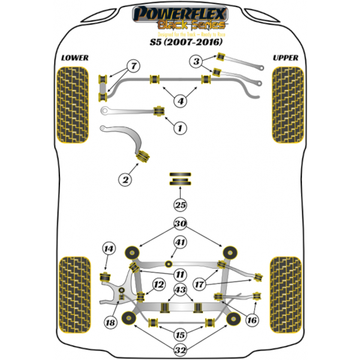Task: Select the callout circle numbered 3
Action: [x=196, y=61]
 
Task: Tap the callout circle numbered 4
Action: [x=179, y=101]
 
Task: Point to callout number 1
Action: [x=179, y=127]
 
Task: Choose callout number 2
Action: [x=125, y=179]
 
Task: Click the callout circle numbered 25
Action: [x=180, y=205]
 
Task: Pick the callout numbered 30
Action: [x=180, y=224]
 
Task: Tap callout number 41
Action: [x=180, y=243]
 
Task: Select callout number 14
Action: [x=108, y=249]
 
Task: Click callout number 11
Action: [x=180, y=274]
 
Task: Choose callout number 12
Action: [x=158, y=284]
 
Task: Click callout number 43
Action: [x=180, y=291]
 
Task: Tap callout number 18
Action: [x=110, y=323]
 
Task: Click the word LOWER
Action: [x=74, y=58]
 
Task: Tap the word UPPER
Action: [x=285, y=58]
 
